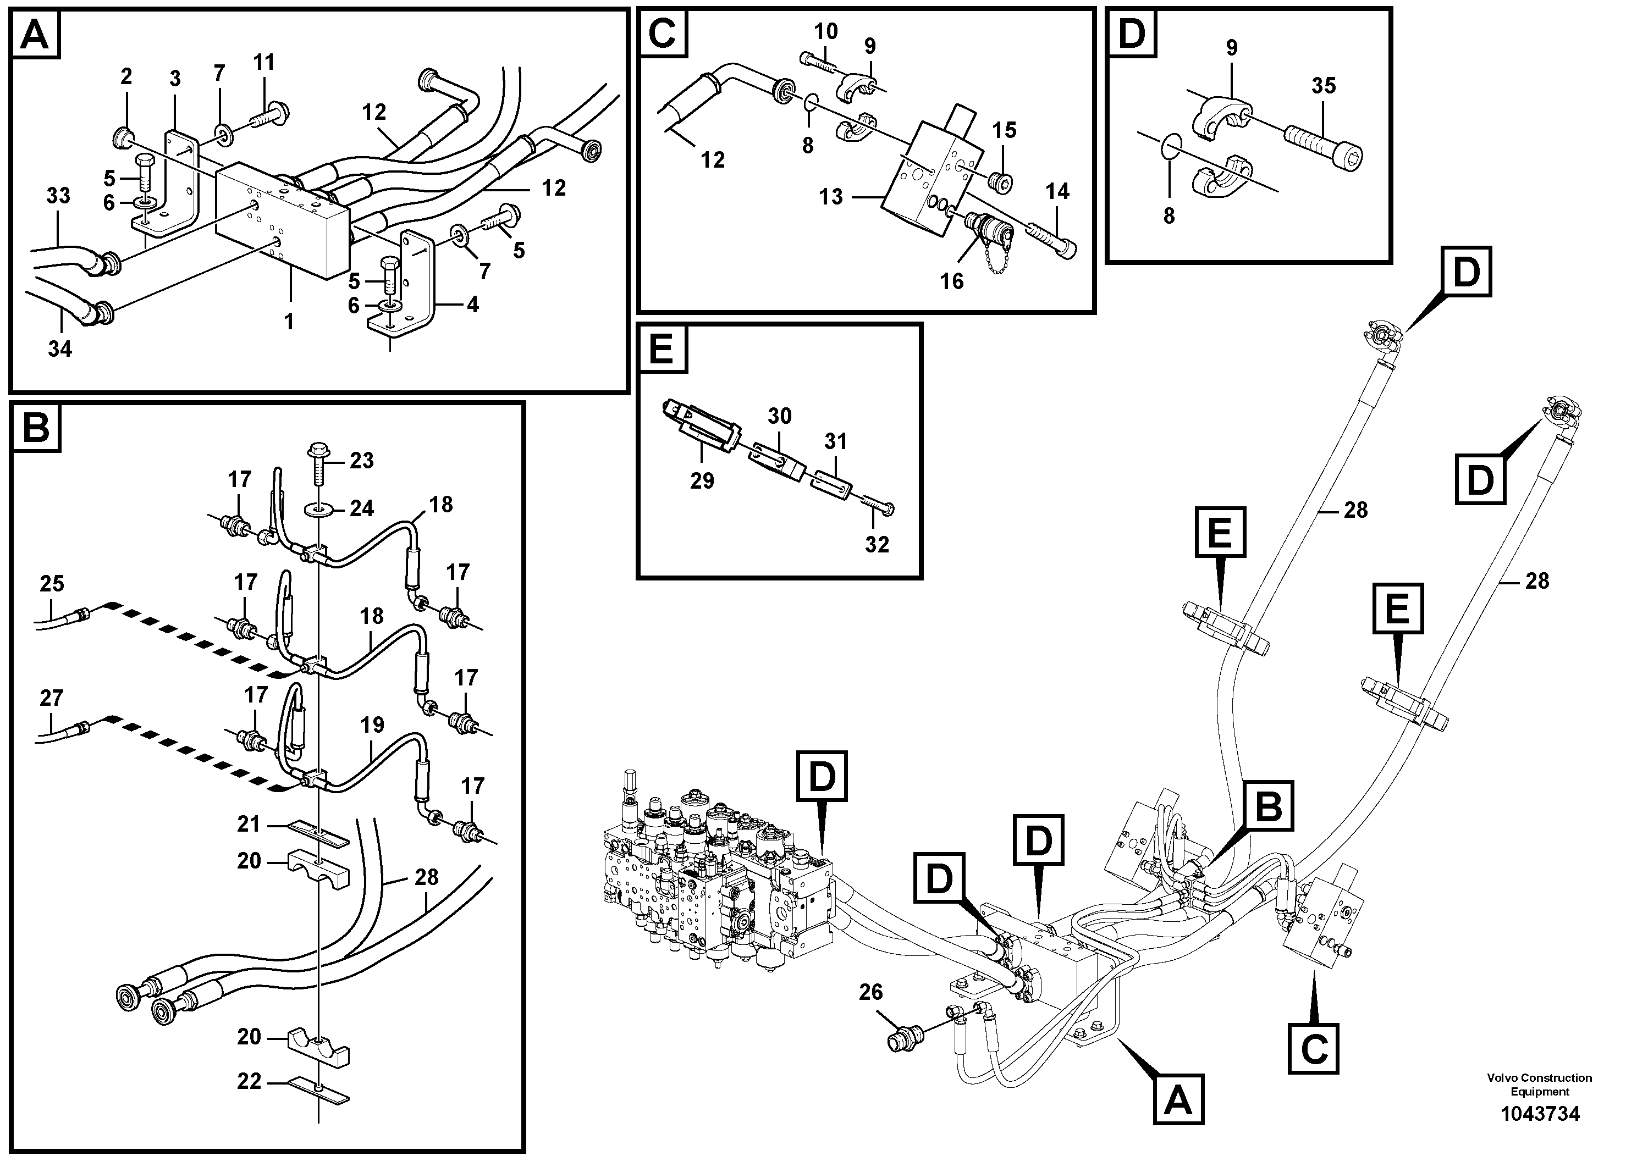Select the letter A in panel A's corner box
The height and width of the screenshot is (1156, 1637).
coord(35,34)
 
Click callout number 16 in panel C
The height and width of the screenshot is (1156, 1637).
coord(951,281)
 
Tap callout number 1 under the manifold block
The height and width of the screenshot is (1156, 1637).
coord(289,322)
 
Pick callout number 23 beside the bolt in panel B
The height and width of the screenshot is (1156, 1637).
coord(361,461)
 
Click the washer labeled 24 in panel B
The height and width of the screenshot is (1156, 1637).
coord(318,510)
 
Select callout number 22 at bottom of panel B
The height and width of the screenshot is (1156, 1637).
coord(249,1081)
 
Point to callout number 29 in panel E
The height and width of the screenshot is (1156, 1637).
coord(702,481)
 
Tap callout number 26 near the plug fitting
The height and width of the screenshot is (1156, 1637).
coord(870,992)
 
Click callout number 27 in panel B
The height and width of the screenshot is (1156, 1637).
coord(51,698)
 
